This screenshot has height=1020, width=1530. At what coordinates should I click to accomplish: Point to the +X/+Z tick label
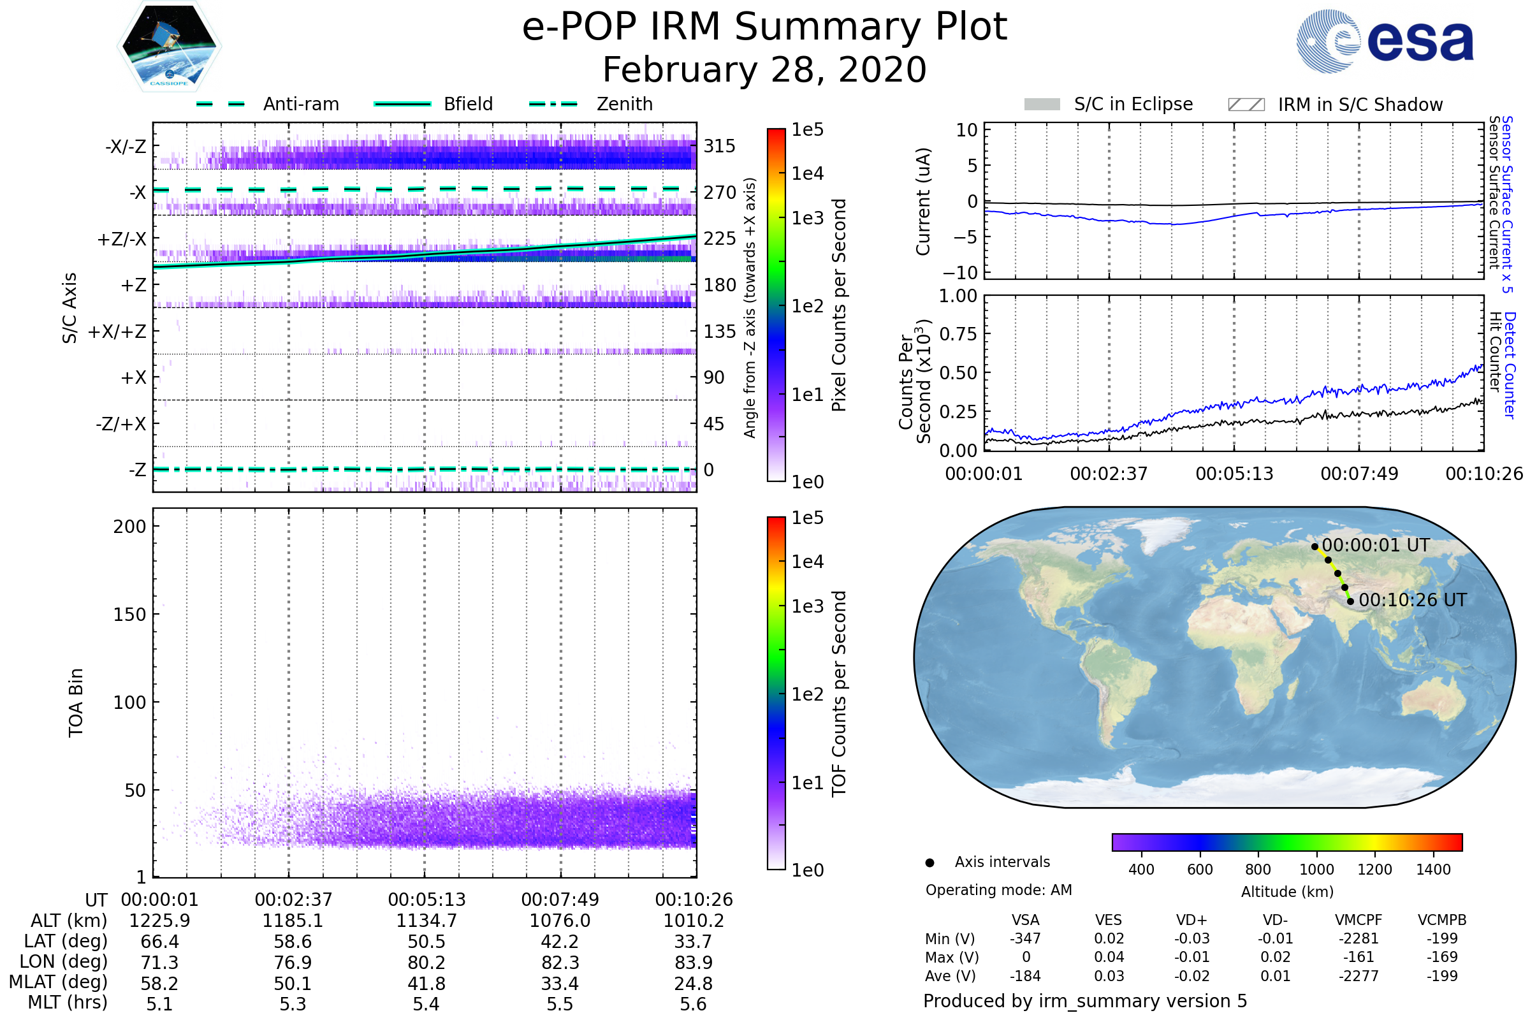tap(117, 331)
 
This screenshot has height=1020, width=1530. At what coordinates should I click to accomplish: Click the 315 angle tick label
tap(720, 146)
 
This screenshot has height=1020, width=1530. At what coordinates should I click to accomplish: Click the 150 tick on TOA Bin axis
tap(129, 615)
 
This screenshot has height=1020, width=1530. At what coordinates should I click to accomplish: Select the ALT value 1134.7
tap(426, 921)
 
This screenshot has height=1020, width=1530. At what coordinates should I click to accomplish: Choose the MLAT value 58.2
tap(159, 984)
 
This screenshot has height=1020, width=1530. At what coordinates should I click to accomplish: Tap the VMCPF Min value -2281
tap(1359, 938)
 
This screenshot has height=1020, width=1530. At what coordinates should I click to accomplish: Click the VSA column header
tap(1025, 921)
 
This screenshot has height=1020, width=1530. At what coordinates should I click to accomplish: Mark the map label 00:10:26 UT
tap(1413, 601)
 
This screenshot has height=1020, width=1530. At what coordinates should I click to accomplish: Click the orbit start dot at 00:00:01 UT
tap(1315, 547)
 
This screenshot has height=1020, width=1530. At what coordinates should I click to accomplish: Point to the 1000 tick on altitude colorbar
tap(1316, 870)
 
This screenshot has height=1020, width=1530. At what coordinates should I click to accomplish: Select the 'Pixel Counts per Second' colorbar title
tap(839, 305)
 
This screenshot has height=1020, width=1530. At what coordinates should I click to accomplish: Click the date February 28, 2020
tap(764, 70)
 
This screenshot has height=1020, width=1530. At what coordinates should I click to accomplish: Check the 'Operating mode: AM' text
tap(998, 890)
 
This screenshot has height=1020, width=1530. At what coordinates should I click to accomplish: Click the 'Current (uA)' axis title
tap(923, 201)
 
